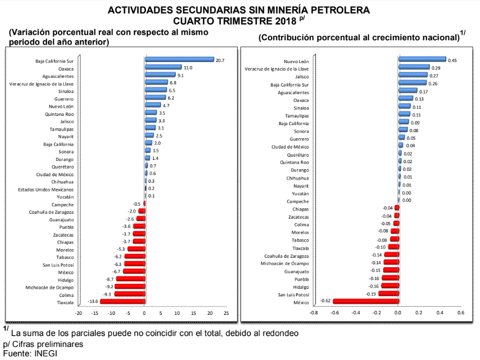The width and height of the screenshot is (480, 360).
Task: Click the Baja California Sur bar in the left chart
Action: click(x=179, y=60)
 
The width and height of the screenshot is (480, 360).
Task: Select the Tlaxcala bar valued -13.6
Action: click(x=122, y=301)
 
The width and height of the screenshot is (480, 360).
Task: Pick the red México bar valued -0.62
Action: click(x=365, y=301)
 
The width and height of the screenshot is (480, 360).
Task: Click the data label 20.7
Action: click(x=220, y=60)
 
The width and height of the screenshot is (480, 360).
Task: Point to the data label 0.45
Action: click(x=452, y=60)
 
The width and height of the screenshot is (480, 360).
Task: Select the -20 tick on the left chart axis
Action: click(x=79, y=313)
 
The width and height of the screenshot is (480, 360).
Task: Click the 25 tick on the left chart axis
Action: click(x=226, y=313)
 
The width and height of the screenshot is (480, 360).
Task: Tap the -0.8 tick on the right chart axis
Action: click(x=313, y=313)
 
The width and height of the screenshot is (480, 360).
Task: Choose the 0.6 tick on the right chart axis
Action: click(x=460, y=313)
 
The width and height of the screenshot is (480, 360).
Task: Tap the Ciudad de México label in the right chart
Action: click(x=290, y=147)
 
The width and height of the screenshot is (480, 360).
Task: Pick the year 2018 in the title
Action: click(x=283, y=21)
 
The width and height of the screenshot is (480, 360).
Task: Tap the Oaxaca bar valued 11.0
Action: click(x=163, y=67)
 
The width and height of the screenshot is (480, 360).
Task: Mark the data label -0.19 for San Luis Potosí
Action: click(x=371, y=294)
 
